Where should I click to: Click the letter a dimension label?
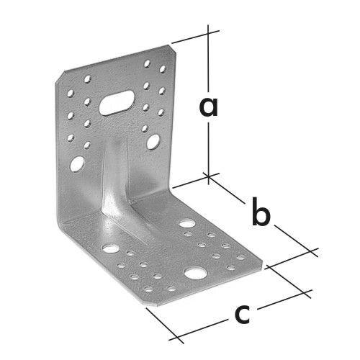(209, 107)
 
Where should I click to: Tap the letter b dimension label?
(261, 212)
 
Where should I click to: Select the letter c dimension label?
(243, 314)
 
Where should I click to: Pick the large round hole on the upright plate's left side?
(77, 164)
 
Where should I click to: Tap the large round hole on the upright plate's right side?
(153, 142)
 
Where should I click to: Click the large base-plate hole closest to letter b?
(187, 223)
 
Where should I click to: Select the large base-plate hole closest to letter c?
(196, 274)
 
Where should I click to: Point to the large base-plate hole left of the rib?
(111, 248)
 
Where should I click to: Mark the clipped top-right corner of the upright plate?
(172, 49)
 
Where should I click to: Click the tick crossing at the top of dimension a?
(208, 33)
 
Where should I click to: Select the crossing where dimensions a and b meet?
(209, 176)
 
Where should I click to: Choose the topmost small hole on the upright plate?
(147, 63)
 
